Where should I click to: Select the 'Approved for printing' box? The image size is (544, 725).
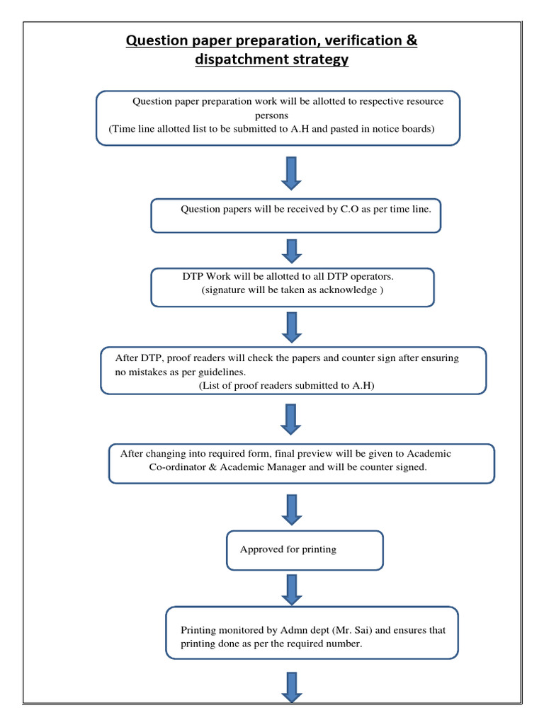pos(305,550)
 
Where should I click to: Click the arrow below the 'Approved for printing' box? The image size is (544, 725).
pos(291,589)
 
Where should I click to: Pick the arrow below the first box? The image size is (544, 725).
pos(291,173)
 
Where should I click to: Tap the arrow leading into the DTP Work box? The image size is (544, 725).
pos(291,251)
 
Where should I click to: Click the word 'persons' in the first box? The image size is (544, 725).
pos(271,115)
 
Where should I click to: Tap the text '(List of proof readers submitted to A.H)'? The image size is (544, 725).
pos(286,385)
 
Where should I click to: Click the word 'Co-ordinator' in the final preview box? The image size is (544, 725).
pos(178,467)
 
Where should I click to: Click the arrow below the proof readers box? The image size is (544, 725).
pos(291,419)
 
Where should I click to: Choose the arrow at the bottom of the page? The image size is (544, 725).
pos(291,687)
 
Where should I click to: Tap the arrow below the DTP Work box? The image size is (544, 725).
pos(291,326)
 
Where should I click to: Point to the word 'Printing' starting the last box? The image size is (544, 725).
pos(199,630)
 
